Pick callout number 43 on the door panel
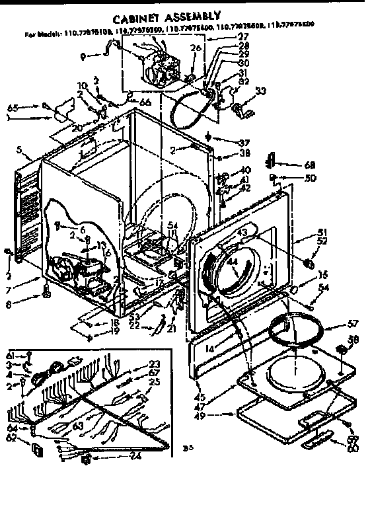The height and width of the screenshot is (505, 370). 242,232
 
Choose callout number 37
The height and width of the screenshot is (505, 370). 227,143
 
